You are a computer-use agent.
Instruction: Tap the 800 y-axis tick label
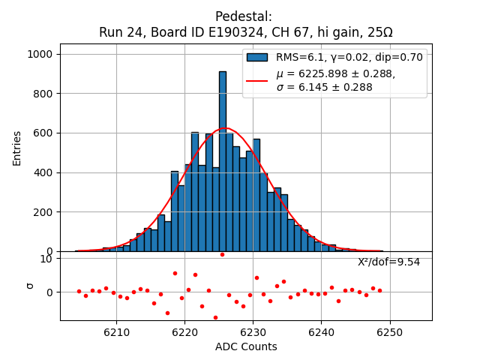pyautogui.click(x=44, y=94)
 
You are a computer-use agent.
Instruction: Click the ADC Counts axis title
pyautogui.click(x=246, y=346)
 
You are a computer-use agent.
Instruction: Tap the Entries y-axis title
pyautogui.click(x=16, y=147)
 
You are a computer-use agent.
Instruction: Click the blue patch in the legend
pyautogui.click(x=257, y=57)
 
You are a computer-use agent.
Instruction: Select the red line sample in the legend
pyautogui.click(x=257, y=80)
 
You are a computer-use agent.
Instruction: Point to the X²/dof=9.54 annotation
pyautogui.click(x=388, y=262)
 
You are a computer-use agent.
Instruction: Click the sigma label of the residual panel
pyautogui.click(x=31, y=286)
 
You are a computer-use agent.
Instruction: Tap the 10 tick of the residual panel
pyautogui.click(x=46, y=259)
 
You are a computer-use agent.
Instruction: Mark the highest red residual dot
pyautogui.click(x=222, y=254)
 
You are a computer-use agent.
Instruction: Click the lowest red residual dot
pyautogui.click(x=215, y=317)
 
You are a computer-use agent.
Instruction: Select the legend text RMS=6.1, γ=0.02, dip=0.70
pyautogui.click(x=349, y=57)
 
